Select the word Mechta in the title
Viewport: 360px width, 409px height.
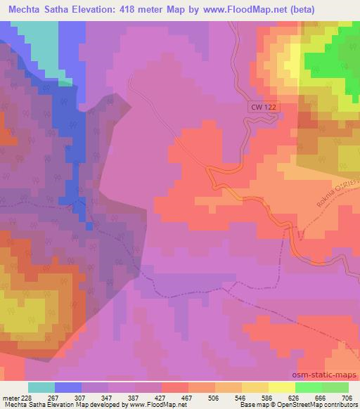[26, 8]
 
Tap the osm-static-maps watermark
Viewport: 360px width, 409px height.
[326, 375]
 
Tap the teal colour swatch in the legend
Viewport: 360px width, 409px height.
[41, 387]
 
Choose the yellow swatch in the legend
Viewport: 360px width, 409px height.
[282, 387]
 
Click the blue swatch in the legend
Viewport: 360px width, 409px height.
[68, 387]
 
